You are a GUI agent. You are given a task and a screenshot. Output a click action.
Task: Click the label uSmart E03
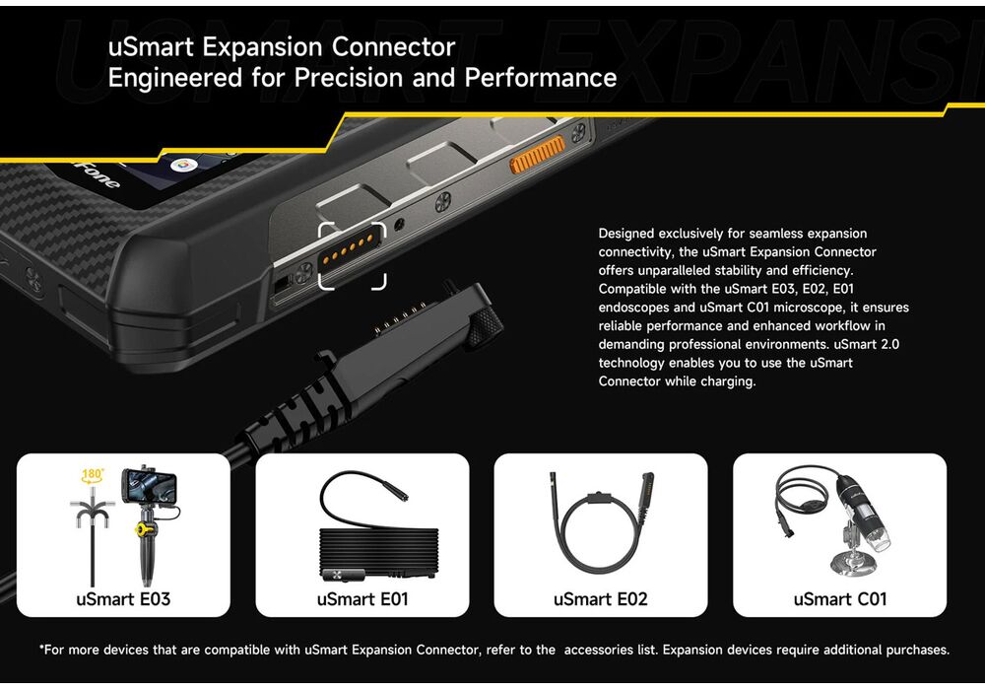(x=123, y=599)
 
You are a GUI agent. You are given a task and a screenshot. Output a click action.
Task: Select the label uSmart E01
(x=362, y=599)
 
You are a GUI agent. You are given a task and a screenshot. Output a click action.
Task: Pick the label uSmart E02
(x=601, y=599)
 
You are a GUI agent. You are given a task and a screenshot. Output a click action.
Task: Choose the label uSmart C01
(x=840, y=599)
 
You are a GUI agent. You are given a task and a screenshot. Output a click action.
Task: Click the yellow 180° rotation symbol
(x=93, y=475)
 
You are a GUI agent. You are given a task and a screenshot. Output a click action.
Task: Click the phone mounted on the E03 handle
(x=149, y=486)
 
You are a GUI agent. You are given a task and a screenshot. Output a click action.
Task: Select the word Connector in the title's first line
(x=393, y=47)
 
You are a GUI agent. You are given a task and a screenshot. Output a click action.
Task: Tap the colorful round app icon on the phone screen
(x=184, y=165)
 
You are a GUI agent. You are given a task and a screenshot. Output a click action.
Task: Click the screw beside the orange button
(x=578, y=132)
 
